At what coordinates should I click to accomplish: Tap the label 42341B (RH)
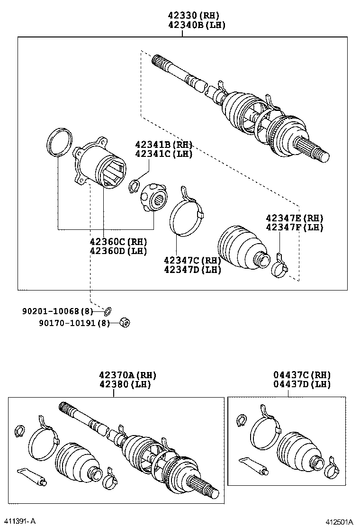163,145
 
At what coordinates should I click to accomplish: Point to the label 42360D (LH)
118,251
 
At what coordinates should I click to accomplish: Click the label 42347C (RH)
192,260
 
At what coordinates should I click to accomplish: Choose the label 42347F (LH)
294,227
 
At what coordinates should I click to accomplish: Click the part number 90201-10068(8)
58,311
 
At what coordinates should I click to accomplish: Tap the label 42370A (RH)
127,375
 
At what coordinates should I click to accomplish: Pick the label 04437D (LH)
302,384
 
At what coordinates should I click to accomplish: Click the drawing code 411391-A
21,521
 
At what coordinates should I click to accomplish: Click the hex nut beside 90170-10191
126,322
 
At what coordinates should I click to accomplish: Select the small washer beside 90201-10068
108,311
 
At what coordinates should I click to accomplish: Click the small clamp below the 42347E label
279,265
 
